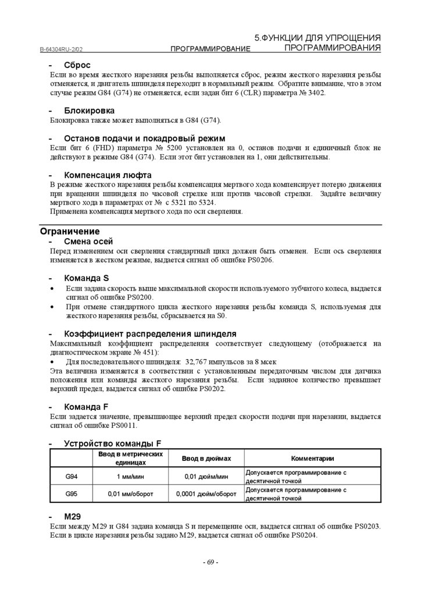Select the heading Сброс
77,65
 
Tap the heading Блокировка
89,110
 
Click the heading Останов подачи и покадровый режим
144,138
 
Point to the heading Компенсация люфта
108,175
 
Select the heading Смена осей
88,241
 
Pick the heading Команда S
86,278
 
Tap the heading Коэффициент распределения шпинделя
149,334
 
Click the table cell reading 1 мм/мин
130,476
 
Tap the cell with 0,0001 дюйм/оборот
206,494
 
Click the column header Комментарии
312,458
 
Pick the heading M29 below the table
72,516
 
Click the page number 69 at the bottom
210,562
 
